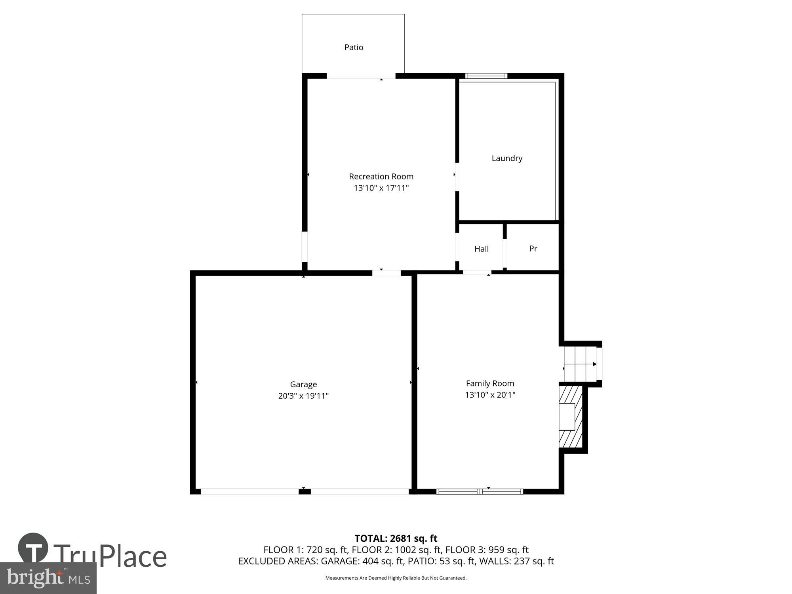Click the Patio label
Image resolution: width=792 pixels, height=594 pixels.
tap(354, 48)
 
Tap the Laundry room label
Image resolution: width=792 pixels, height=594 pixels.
tap(507, 158)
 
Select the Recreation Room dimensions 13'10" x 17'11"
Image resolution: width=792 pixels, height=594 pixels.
tap(381, 188)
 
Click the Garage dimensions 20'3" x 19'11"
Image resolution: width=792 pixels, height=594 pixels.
tap(303, 396)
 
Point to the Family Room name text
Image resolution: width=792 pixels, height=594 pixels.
tap(490, 383)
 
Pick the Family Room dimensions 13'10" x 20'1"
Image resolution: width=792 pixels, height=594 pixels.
tap(490, 395)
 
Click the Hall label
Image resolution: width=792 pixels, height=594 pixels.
tap(482, 249)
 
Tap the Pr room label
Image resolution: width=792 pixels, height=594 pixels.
tap(533, 249)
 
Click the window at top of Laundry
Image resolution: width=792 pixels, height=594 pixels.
tap(486, 76)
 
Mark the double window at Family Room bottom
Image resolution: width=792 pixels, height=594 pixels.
tap(480, 491)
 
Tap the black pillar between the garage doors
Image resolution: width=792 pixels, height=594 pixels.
tap(305, 491)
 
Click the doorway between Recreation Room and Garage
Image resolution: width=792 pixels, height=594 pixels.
tap(386, 273)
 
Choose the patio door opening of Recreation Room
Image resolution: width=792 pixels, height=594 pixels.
tap(361, 76)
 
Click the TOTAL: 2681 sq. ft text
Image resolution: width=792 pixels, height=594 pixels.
tap(396, 539)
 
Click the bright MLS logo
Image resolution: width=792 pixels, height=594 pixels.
tap(48, 578)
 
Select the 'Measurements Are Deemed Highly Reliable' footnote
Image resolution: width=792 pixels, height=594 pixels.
tap(396, 578)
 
